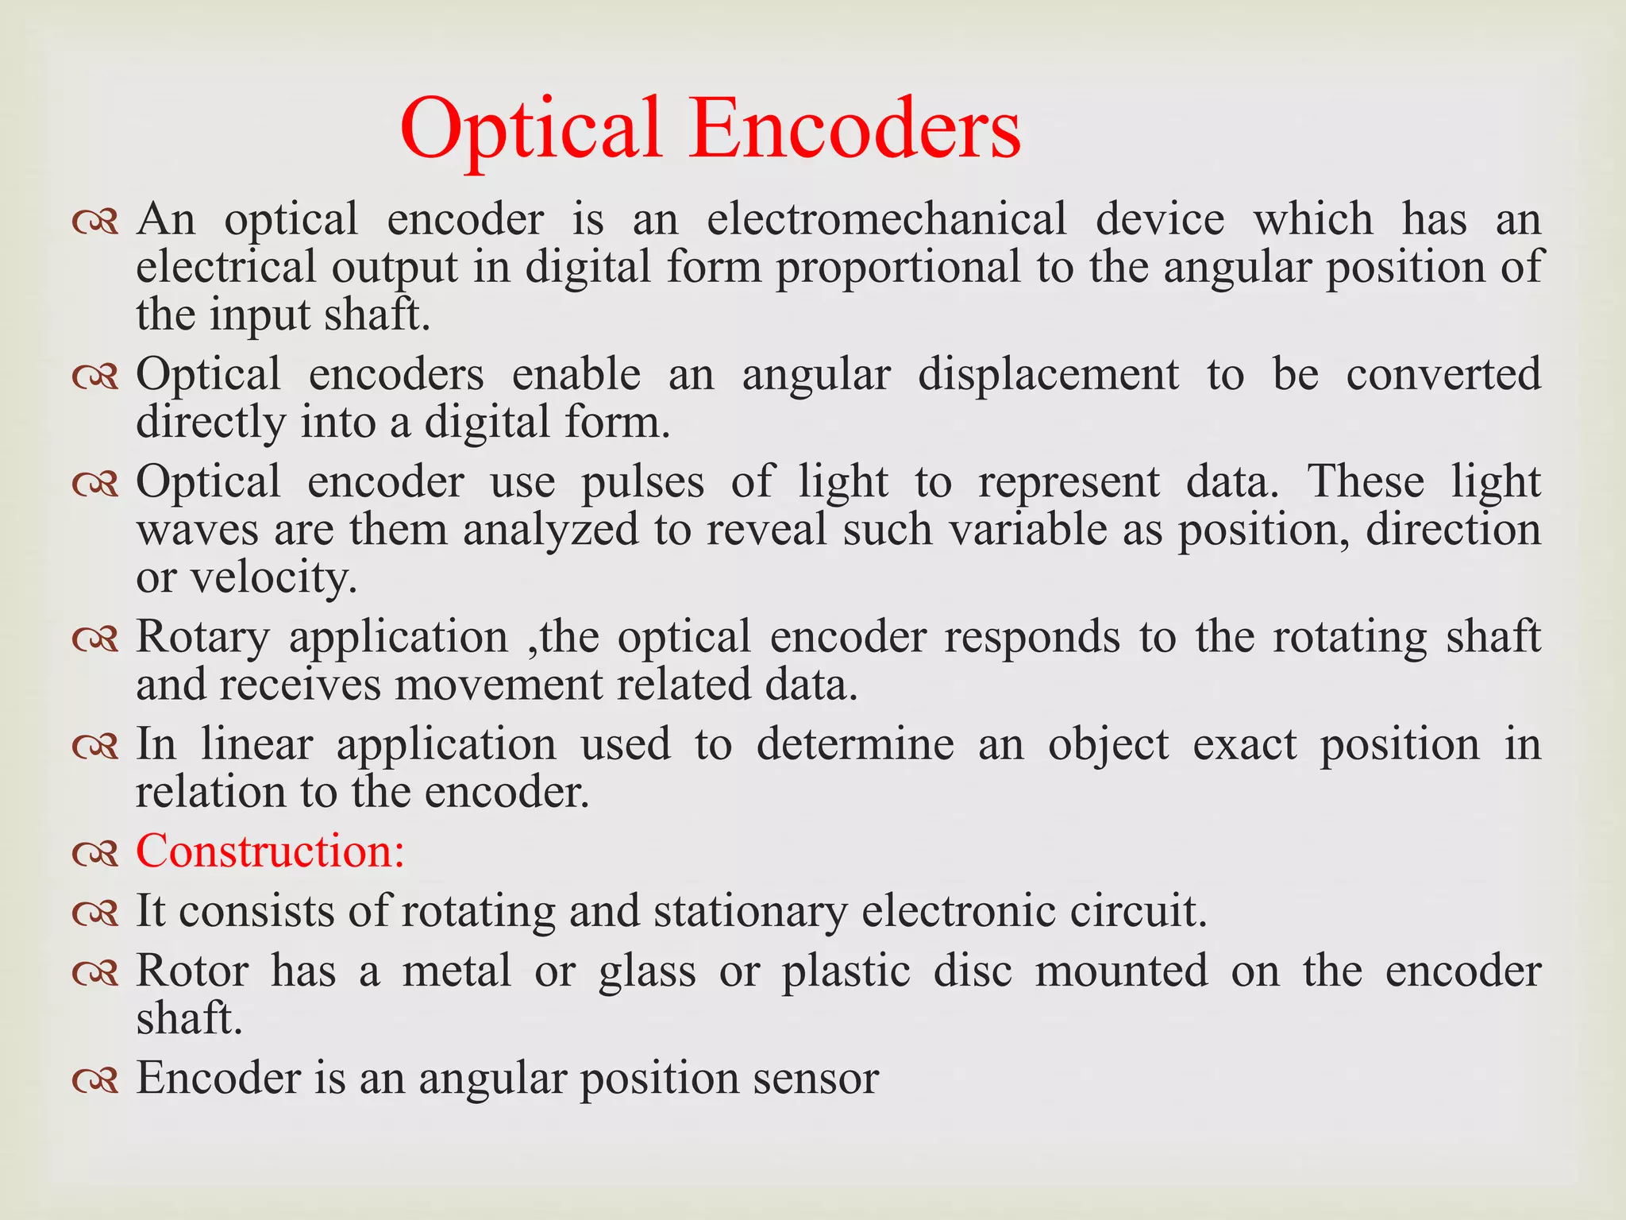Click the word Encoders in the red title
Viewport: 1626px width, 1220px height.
click(x=854, y=129)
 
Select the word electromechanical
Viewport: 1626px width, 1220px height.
click(x=887, y=219)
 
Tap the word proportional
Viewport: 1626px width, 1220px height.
click(x=898, y=267)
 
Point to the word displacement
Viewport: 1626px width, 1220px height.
click(x=1048, y=375)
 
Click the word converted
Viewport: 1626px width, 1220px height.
click(x=1443, y=375)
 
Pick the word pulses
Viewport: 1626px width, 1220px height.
click(x=642, y=483)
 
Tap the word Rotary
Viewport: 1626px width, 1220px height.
click(x=203, y=638)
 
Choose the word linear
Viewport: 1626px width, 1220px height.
click(x=256, y=745)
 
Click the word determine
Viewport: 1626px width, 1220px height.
click(x=854, y=745)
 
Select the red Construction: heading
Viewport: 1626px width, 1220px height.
click(x=271, y=851)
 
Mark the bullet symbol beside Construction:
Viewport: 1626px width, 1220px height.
click(x=94, y=853)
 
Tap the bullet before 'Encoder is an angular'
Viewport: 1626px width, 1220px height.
click(x=94, y=1080)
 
